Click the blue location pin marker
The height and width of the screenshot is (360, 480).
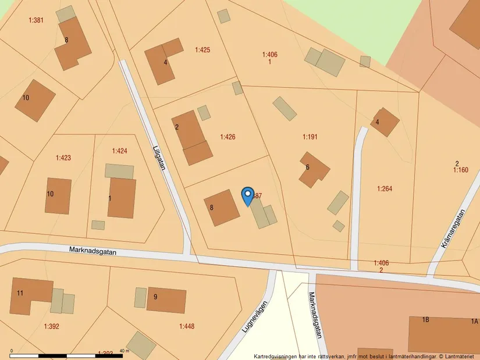[x=247, y=195]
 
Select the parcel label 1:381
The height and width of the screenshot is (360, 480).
[x=36, y=20]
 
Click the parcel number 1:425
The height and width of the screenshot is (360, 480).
[x=202, y=50]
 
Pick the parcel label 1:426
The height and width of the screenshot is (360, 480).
[x=227, y=137]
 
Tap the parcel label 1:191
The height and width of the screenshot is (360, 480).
[x=310, y=137]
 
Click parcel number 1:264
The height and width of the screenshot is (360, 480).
[x=385, y=188]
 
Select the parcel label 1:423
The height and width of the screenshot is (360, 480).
[x=63, y=158]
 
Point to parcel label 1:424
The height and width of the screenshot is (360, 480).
[x=119, y=151]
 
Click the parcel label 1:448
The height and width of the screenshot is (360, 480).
[x=187, y=326]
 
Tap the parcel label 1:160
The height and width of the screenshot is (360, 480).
[x=460, y=170]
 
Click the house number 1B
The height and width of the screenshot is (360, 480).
[x=425, y=320]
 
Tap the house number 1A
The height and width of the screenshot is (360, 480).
[x=474, y=321]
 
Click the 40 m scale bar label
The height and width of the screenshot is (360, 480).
[x=123, y=351]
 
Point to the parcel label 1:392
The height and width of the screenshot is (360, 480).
[x=51, y=326]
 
